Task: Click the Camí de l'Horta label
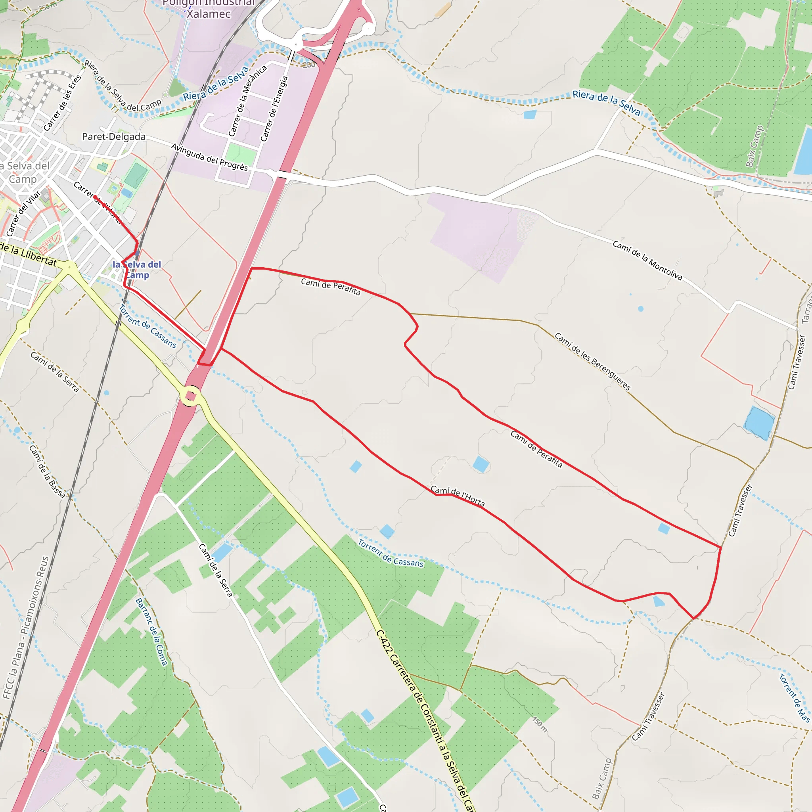(x=458, y=496)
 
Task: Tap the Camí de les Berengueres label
(x=593, y=362)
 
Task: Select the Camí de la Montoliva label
(x=647, y=260)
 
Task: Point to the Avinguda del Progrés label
(x=209, y=157)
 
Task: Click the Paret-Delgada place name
(x=113, y=137)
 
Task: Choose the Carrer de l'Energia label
(x=274, y=108)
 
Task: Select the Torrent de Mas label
(x=794, y=698)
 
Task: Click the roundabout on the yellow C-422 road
(x=191, y=395)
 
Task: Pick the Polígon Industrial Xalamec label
(x=209, y=8)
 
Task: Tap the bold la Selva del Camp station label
(x=137, y=269)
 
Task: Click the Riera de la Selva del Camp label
(x=123, y=86)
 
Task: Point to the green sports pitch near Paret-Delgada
(x=136, y=175)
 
